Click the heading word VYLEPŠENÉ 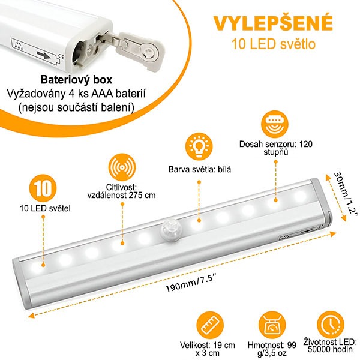(273, 23)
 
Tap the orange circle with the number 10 (43, 188)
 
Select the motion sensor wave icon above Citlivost (122, 167)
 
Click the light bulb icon (199, 147)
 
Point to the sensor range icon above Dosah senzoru (275, 124)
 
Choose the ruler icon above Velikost (210, 325)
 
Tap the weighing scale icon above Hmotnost (272, 325)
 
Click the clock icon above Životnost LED (331, 325)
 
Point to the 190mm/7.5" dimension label (190, 285)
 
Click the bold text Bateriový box (76, 80)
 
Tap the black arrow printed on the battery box (44, 55)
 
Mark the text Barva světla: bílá (200, 169)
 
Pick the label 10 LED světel (45, 208)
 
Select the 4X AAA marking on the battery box (19, 46)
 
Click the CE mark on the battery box (61, 57)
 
